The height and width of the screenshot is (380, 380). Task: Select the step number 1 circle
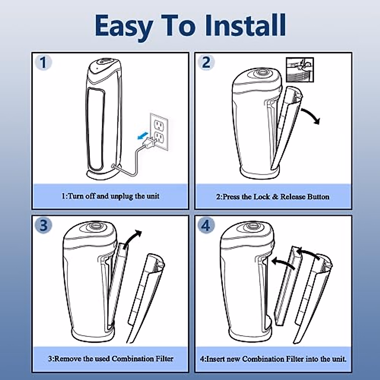tap(43, 62)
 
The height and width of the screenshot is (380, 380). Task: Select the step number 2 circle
tap(206, 62)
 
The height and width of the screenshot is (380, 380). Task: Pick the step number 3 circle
tap(43, 225)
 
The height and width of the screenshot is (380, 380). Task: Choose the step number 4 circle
tap(206, 225)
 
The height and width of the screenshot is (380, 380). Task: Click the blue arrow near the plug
tap(143, 136)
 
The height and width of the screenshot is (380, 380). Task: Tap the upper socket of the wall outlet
tap(159, 125)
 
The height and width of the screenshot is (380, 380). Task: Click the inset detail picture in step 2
tap(300, 70)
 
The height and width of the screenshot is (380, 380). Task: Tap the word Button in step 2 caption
tap(318, 197)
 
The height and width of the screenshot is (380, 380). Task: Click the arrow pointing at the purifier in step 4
tap(283, 263)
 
